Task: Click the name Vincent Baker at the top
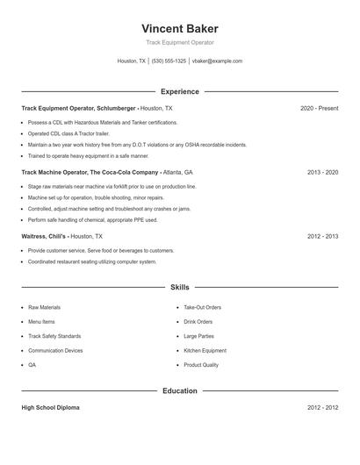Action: click(179, 28)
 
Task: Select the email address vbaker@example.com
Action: click(217, 61)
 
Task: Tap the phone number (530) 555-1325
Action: click(169, 61)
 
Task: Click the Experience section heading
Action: click(179, 91)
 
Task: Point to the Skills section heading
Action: click(179, 287)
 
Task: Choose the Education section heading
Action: click(179, 390)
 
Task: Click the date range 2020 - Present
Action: click(319, 108)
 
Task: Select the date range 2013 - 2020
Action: click(322, 172)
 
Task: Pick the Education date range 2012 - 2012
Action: click(322, 408)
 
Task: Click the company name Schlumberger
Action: click(117, 108)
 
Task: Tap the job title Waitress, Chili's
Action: click(44, 236)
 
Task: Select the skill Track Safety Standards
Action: click(54, 336)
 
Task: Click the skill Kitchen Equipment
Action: click(205, 350)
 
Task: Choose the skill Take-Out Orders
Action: click(202, 307)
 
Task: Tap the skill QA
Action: click(32, 364)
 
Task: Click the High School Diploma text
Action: click(50, 408)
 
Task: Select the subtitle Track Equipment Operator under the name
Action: click(179, 42)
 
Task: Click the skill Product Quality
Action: click(201, 364)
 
